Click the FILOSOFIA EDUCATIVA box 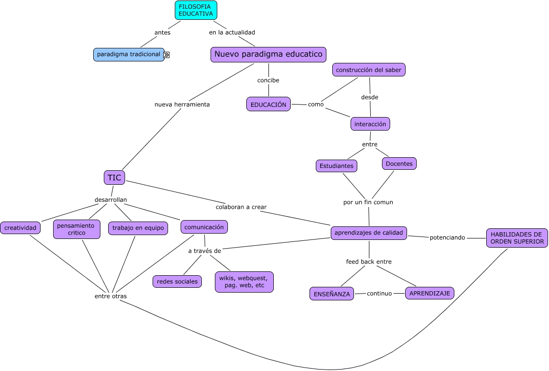tap(196, 10)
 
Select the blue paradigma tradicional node tap(128, 55)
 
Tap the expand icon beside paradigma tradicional tap(167, 55)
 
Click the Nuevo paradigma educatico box tap(268, 55)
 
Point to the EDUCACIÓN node tap(268, 104)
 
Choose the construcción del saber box tap(369, 70)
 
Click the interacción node tap(370, 124)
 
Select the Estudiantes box tap(337, 166)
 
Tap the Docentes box tap(399, 163)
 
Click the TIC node tap(114, 178)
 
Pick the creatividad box tap(20, 228)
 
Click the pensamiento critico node tap(77, 229)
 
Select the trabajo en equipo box tap(138, 228)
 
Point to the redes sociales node tap(177, 282)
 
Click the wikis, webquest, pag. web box tap(244, 282)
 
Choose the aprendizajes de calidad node tap(369, 233)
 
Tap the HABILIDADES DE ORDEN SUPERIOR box tap(517, 238)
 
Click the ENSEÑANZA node tap(332, 294)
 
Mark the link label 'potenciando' tap(447, 237)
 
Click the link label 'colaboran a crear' tap(241, 207)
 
